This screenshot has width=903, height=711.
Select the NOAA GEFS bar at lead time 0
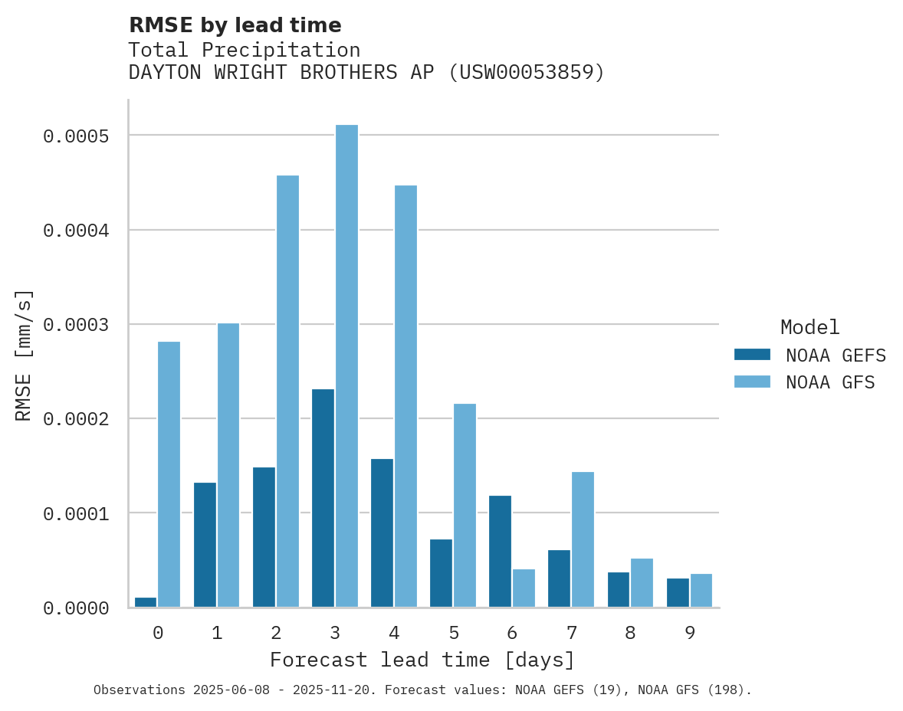[x=146, y=602]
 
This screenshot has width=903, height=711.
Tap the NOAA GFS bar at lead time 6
[x=524, y=588]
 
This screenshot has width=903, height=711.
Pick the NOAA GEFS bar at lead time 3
[x=323, y=498]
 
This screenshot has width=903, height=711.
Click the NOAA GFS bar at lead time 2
[x=287, y=391]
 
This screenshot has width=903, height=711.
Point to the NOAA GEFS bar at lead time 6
[x=500, y=551]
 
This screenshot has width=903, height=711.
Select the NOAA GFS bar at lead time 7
[x=583, y=539]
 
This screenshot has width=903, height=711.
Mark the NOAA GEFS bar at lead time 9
[x=678, y=592]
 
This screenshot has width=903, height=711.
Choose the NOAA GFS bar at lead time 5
[x=465, y=505]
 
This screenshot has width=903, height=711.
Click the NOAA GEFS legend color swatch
[x=751, y=355]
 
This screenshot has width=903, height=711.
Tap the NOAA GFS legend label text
[x=829, y=382]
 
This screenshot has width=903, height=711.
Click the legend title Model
[x=809, y=327]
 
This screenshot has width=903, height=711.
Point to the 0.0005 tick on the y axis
[x=76, y=136]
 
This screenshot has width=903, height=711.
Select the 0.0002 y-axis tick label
[x=76, y=419]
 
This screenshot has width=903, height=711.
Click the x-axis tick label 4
[x=394, y=633]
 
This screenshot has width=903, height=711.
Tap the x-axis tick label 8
[x=630, y=633]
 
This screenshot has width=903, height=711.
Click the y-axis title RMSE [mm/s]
[x=24, y=355]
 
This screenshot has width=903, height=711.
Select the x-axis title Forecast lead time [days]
[x=422, y=660]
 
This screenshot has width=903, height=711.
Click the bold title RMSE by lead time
[x=235, y=25]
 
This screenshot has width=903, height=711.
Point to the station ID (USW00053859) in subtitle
[x=526, y=72]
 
